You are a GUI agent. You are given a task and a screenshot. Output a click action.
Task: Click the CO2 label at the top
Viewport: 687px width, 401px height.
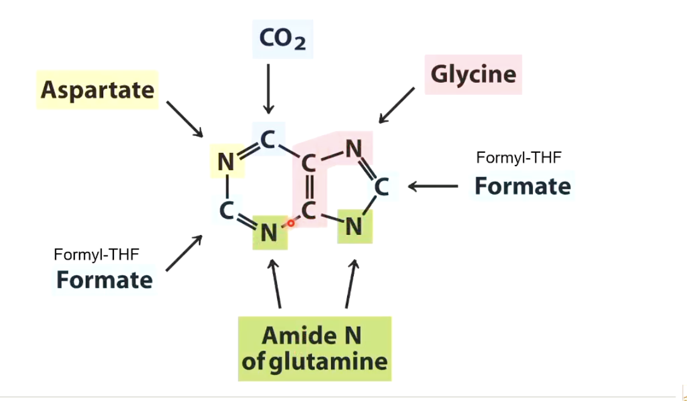(282, 39)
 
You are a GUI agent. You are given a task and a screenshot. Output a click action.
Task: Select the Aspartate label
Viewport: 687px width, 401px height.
(97, 90)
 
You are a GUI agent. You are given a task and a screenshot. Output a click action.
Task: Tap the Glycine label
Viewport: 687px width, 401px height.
(473, 74)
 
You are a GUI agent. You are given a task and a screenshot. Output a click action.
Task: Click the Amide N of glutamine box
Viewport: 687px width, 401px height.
(315, 348)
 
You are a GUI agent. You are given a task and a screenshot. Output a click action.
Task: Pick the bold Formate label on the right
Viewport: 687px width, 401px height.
(522, 185)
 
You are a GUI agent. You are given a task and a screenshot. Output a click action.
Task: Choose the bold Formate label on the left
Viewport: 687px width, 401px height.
(104, 280)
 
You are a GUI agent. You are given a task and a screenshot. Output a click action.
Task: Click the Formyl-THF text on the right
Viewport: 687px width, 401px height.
(519, 158)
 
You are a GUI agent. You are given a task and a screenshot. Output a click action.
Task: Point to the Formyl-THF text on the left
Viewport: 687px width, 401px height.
(97, 254)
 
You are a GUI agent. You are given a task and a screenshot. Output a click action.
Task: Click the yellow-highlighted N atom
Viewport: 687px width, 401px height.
(226, 162)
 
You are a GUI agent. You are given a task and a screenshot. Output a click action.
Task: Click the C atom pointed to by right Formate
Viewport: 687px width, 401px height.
(381, 187)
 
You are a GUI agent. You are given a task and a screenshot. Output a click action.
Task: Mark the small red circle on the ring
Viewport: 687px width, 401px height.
(290, 223)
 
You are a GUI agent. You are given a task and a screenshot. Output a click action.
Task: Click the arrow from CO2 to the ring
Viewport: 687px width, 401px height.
(268, 88)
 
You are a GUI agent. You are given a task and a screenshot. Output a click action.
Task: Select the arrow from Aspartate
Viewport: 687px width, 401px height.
(185, 118)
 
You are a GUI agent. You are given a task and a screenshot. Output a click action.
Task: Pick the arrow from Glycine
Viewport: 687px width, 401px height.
(396, 105)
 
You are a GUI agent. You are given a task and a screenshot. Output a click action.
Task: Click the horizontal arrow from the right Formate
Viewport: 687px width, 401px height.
(433, 186)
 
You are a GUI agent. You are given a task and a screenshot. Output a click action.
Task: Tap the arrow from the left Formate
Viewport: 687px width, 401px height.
(184, 252)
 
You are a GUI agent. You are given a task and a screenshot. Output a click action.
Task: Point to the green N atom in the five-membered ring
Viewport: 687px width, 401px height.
(354, 226)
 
